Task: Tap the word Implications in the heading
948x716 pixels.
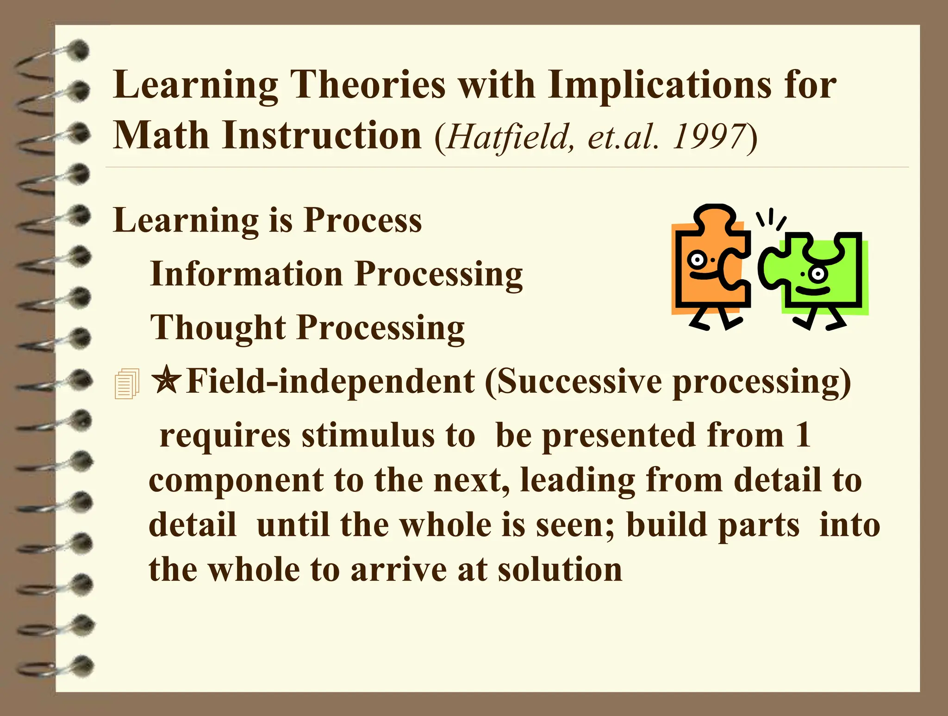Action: pyautogui.click(x=659, y=86)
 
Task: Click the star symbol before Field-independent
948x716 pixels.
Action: pyautogui.click(x=166, y=380)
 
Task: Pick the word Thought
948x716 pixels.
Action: pyautogui.click(x=218, y=327)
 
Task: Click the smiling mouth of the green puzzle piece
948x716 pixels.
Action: pyautogui.click(x=813, y=291)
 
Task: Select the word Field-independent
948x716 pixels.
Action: pyautogui.click(x=331, y=382)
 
